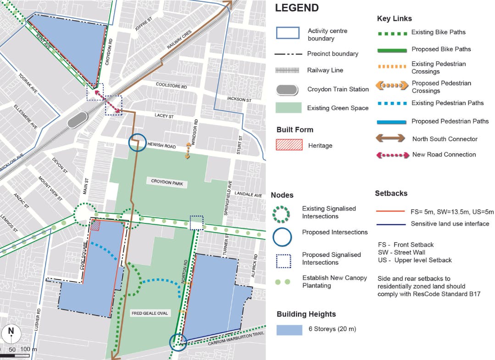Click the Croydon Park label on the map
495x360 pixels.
point(167,182)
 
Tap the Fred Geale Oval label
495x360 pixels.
point(150,313)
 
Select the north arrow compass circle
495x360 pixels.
point(11,333)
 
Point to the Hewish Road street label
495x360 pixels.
point(161,146)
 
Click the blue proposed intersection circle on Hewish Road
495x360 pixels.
point(136,143)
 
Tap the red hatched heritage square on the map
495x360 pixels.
point(95,225)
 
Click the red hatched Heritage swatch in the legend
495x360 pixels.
point(289,144)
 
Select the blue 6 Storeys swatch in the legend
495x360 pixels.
point(289,329)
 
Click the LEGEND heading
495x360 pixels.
point(296,8)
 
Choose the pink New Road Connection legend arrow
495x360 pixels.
point(392,155)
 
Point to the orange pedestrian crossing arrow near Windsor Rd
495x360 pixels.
point(187,151)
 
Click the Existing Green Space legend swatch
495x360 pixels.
point(289,108)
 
